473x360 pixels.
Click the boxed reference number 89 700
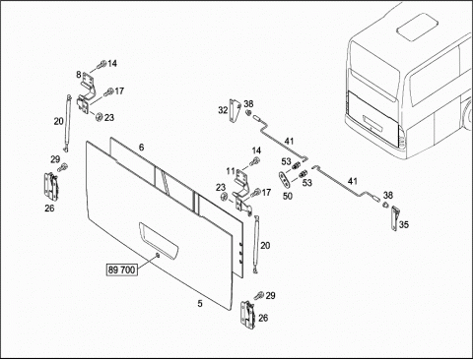click(x=121, y=270)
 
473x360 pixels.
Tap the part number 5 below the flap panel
click(x=200, y=304)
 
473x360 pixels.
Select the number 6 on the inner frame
click(x=141, y=148)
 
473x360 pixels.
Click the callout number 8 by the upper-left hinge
click(x=79, y=75)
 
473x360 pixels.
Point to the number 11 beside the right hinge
click(x=231, y=171)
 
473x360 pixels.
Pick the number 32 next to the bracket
click(x=223, y=110)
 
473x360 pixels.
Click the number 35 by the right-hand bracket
click(x=404, y=224)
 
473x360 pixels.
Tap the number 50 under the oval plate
click(x=288, y=196)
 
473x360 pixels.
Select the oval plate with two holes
click(x=283, y=178)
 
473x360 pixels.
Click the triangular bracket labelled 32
click(x=236, y=110)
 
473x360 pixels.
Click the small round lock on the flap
click(x=158, y=255)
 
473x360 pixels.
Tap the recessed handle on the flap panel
click(x=159, y=239)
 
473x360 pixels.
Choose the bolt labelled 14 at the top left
click(x=101, y=65)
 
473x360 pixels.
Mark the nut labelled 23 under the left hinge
click(x=98, y=116)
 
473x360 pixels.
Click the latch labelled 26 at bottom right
click(x=248, y=315)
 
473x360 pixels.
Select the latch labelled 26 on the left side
click(x=50, y=186)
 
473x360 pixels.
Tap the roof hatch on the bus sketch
click(x=417, y=27)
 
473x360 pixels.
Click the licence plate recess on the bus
click(x=372, y=124)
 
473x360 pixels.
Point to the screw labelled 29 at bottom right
click(x=259, y=295)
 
